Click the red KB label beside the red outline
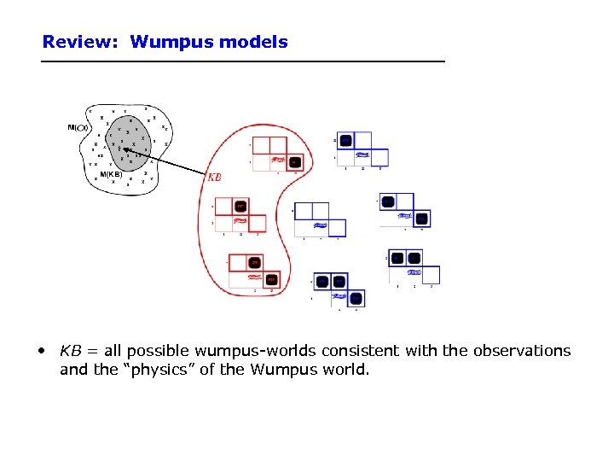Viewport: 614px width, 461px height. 215,178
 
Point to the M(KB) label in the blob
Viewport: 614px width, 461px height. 112,174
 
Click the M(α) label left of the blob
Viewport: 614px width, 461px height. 78,127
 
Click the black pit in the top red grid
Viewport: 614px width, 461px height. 294,161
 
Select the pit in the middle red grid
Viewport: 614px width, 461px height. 240,206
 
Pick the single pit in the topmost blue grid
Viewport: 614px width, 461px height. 346,140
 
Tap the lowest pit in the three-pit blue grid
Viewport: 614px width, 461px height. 356,298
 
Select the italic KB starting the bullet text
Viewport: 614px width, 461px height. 70,351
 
